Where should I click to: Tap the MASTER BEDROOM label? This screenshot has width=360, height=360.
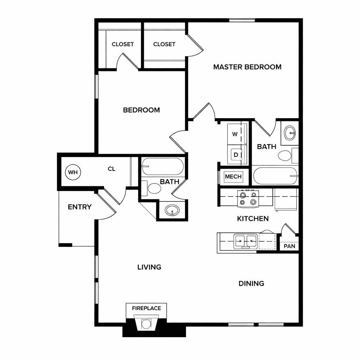247,67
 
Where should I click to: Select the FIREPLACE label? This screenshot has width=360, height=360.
147,308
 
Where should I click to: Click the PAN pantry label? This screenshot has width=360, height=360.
289,246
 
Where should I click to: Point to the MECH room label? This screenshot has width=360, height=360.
233,176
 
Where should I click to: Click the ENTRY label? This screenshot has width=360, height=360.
80,207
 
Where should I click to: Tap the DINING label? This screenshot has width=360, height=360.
251,284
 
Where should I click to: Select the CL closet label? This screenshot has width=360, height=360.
111,169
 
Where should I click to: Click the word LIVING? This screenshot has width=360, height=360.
149,267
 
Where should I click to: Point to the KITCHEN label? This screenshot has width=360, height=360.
253,219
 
